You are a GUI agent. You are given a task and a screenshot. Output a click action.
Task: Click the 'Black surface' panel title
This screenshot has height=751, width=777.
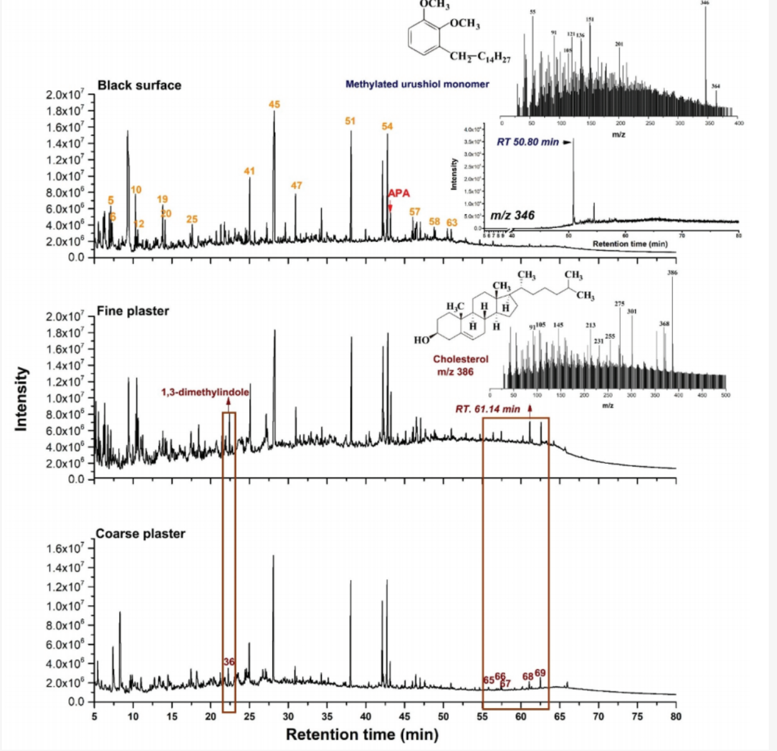pos(139,85)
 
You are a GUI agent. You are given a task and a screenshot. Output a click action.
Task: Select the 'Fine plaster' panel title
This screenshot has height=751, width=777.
pos(133,311)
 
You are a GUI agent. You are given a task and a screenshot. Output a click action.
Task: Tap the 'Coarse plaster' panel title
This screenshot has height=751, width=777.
pos(140,534)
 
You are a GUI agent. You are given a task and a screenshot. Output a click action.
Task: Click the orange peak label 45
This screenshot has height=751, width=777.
pos(274,105)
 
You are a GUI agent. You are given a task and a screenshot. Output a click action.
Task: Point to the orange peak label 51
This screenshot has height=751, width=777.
pos(350,120)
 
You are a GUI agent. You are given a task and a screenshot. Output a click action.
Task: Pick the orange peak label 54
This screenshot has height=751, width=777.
pos(387,126)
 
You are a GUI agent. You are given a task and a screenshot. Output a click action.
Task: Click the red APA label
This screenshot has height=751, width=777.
pos(398,193)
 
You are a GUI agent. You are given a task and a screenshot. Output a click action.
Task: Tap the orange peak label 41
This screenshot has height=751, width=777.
pos(249,171)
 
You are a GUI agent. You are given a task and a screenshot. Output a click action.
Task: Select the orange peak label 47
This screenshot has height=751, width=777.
pos(297,185)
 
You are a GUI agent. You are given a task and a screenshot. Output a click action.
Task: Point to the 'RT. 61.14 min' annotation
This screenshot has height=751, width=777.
pos(488,409)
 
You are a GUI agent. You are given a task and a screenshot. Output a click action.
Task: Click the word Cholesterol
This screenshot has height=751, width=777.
pos(460,359)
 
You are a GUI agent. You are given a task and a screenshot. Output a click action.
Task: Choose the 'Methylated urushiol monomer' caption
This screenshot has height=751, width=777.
pos(417,84)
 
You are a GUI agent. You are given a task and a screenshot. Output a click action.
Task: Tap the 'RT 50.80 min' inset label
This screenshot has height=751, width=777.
pos(528,142)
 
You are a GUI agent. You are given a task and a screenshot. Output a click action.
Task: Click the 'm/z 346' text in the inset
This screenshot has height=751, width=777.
pos(513,215)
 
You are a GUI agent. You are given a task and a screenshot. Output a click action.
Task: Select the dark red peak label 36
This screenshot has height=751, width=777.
pos(229,662)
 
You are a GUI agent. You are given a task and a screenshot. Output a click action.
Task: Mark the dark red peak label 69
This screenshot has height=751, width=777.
pos(540,674)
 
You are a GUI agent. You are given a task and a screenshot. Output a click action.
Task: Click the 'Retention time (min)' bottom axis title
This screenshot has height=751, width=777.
pos(362,734)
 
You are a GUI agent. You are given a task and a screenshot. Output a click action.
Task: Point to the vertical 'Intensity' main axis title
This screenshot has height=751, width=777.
pos(22,399)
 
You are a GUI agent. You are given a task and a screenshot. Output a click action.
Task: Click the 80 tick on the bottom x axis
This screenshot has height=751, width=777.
pos(676,716)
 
